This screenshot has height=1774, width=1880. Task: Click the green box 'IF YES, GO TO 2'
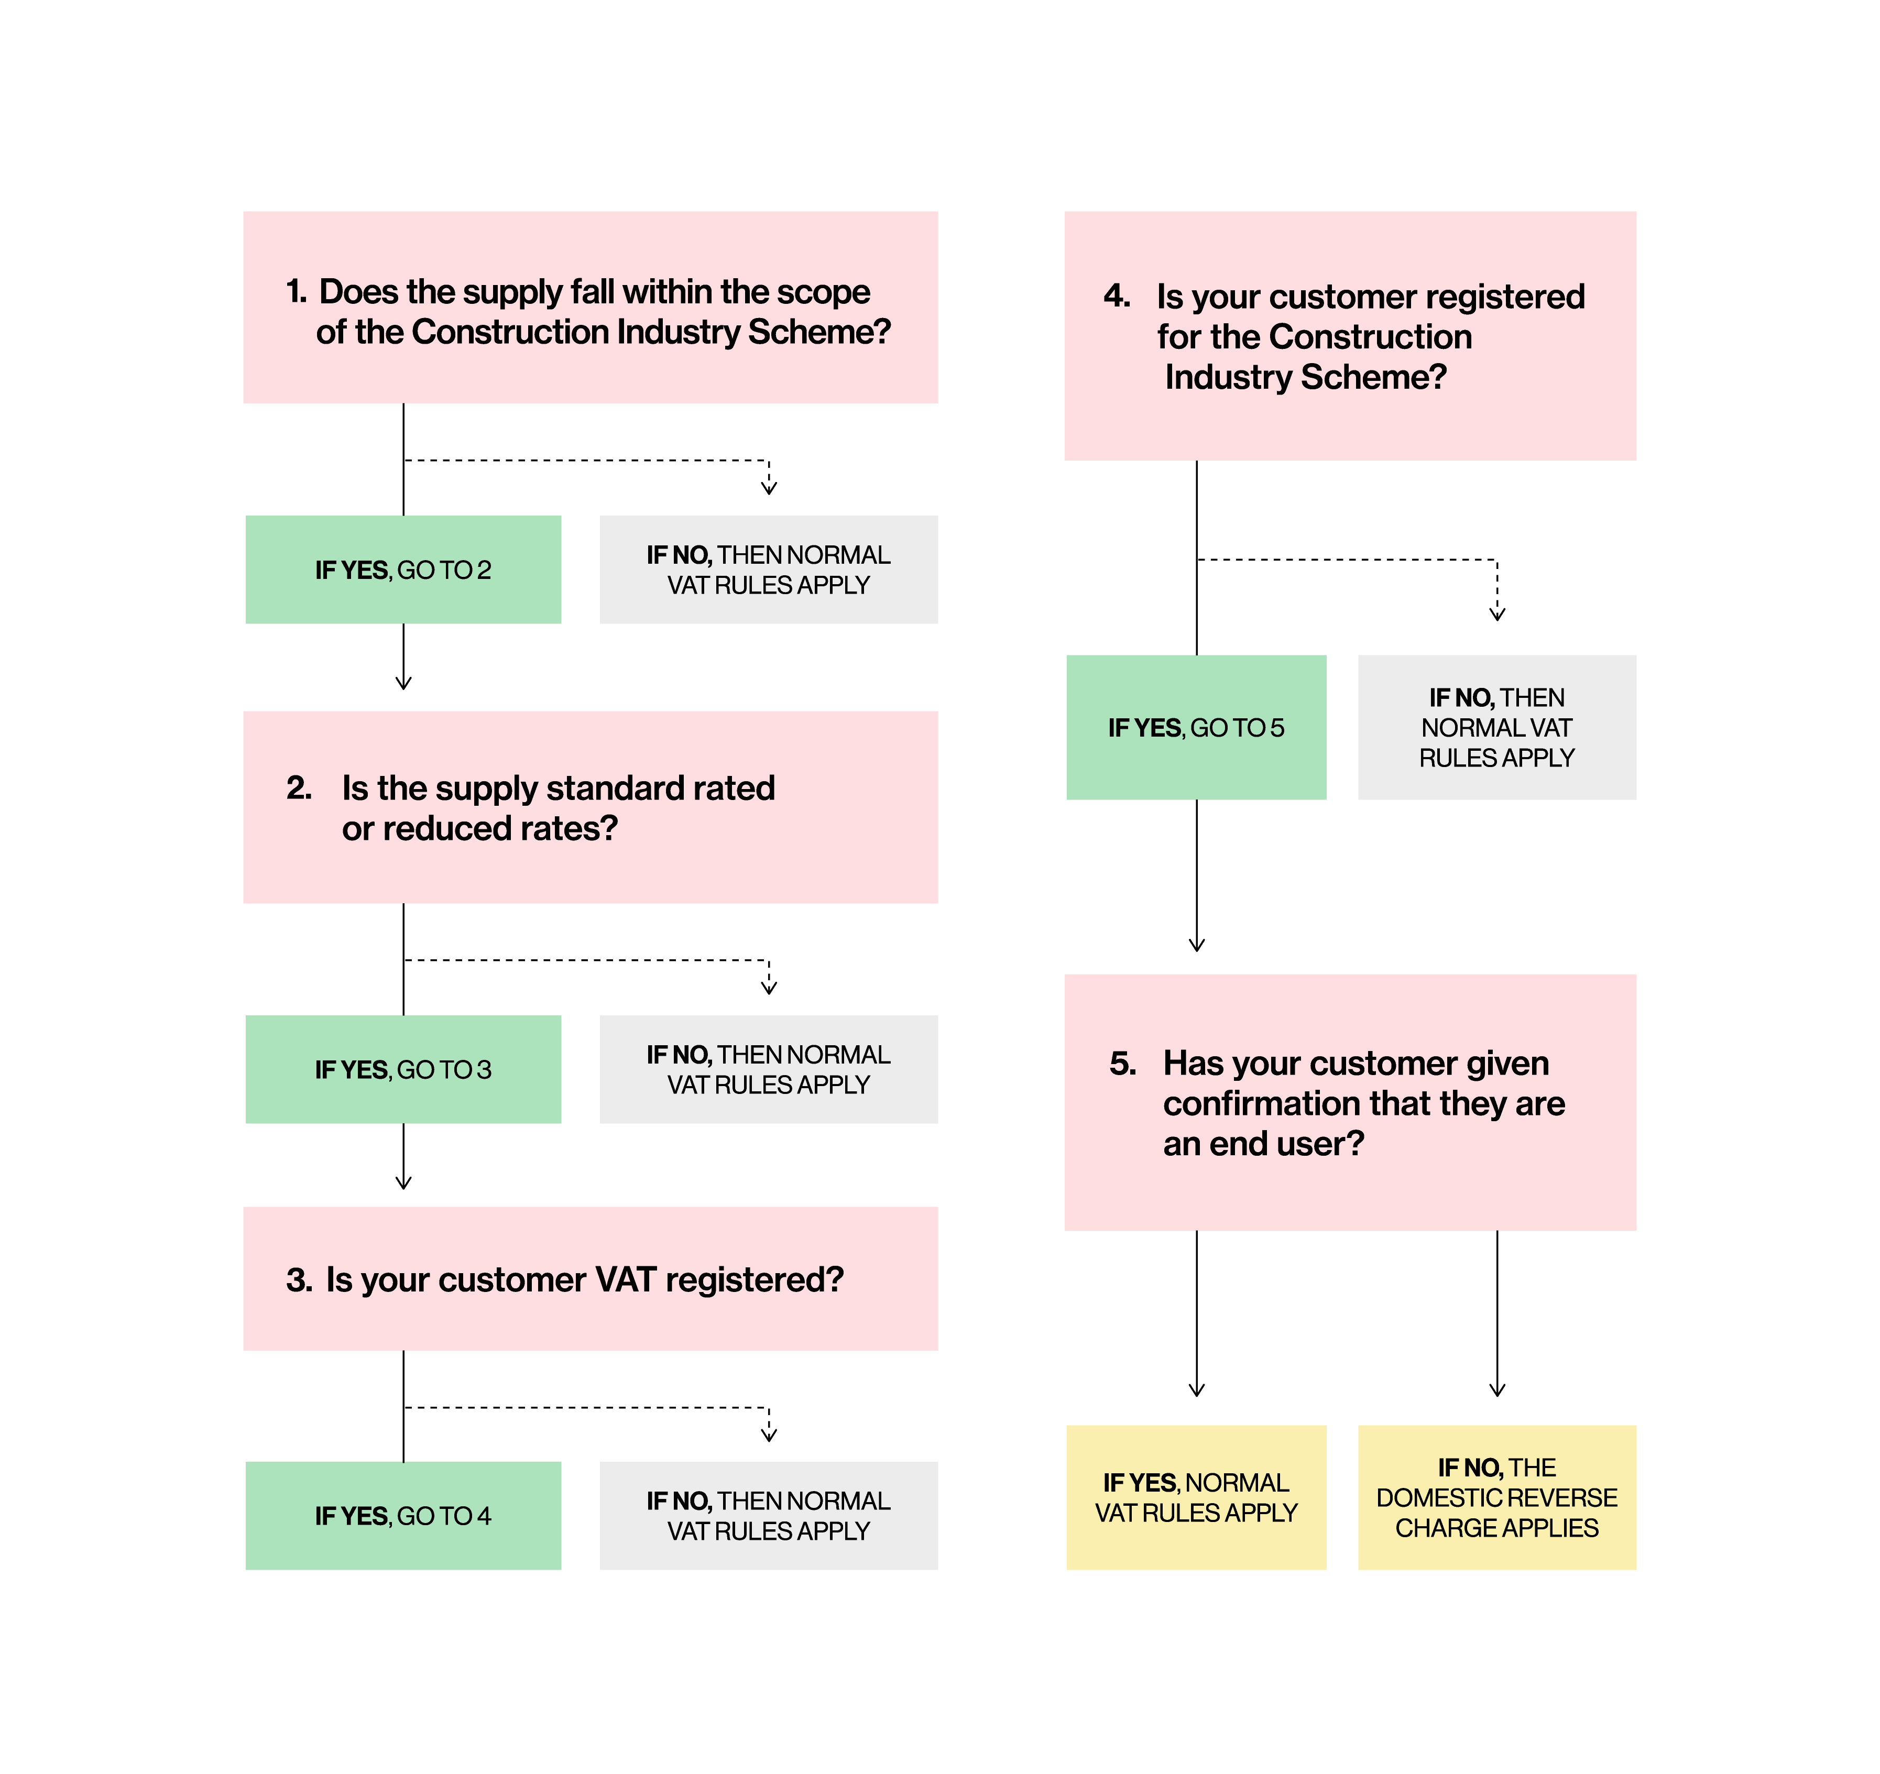403,570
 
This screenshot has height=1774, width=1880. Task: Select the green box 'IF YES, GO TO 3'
403,1069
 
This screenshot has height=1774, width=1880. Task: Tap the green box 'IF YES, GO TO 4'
403,1516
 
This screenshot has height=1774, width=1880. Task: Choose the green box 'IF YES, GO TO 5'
1196,727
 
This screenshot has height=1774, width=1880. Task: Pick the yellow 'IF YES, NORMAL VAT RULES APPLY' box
1196,1498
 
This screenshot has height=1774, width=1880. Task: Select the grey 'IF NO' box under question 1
769,570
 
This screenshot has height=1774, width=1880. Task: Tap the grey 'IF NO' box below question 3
769,1516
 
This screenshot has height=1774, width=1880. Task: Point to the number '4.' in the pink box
1117,296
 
